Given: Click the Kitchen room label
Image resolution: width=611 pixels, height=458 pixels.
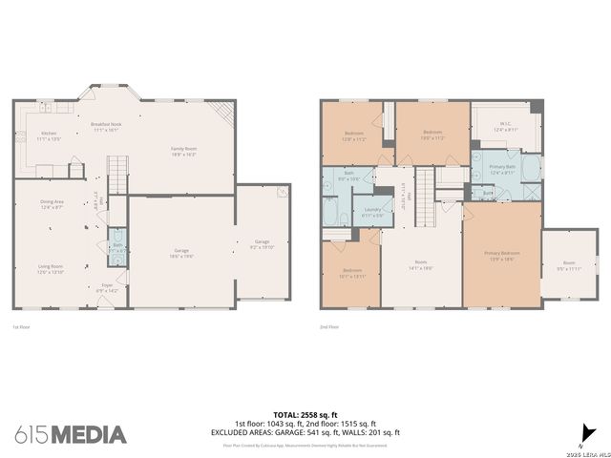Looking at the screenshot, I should (49, 135).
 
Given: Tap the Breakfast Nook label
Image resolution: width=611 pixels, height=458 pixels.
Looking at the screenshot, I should (106, 128).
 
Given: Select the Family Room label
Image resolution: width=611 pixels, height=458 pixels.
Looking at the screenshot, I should (184, 151).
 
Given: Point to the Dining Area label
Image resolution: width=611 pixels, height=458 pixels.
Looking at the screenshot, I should (52, 204).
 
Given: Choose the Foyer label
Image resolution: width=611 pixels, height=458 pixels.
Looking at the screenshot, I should (107, 286).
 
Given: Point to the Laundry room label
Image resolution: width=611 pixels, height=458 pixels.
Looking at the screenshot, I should (372, 213).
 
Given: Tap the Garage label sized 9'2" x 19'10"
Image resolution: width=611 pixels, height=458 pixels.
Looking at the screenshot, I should (263, 244).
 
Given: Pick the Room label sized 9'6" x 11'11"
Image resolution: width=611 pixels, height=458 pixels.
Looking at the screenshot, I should (569, 265).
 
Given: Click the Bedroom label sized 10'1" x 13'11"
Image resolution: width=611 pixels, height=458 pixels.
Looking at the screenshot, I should (353, 273).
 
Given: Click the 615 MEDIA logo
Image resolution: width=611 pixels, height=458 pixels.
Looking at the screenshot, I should (71, 434).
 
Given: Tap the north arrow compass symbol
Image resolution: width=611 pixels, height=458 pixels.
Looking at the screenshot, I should (585, 431).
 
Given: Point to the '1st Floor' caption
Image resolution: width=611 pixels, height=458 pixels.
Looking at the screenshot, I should (22, 327).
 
